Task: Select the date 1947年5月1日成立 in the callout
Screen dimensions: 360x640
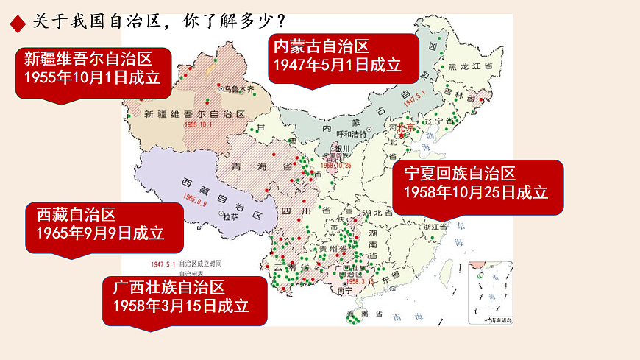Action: point(337,65)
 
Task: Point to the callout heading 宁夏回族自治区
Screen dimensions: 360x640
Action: point(454,174)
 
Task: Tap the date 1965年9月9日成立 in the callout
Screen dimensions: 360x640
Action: point(100,233)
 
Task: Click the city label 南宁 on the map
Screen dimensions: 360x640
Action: point(344,290)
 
